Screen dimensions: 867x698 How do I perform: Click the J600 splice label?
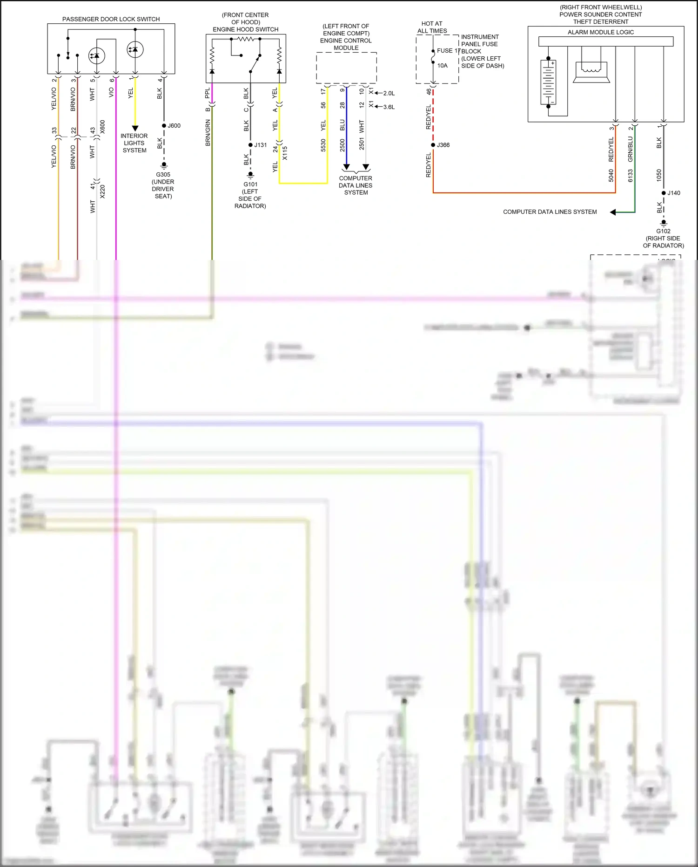(x=174, y=126)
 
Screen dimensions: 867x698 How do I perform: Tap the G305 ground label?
(x=163, y=175)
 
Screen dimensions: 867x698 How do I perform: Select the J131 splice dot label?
(x=260, y=145)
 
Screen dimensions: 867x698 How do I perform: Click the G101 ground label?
(x=250, y=184)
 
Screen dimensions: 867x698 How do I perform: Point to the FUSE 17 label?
(x=448, y=51)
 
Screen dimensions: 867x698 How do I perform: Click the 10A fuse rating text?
(x=443, y=66)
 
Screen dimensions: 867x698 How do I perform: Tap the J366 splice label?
(x=443, y=145)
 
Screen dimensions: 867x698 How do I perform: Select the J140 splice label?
(x=673, y=193)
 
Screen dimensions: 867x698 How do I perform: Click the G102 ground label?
(x=663, y=231)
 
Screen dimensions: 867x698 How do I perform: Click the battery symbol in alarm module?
(x=549, y=82)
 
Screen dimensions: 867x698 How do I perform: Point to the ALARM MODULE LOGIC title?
(x=600, y=32)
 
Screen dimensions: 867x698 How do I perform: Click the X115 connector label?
(x=285, y=153)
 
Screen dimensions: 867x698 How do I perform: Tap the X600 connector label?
(x=102, y=127)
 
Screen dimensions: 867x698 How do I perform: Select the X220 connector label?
(x=102, y=191)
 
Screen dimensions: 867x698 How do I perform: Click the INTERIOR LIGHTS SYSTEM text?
(x=134, y=143)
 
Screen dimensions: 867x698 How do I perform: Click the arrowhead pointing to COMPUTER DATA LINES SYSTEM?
(x=613, y=212)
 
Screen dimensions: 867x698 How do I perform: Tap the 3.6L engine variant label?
(x=389, y=107)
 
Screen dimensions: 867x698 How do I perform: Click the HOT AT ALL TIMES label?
(x=432, y=27)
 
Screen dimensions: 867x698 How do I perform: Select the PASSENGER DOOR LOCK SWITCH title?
(x=111, y=19)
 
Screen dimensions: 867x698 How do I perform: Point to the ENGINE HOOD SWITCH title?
(x=245, y=29)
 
